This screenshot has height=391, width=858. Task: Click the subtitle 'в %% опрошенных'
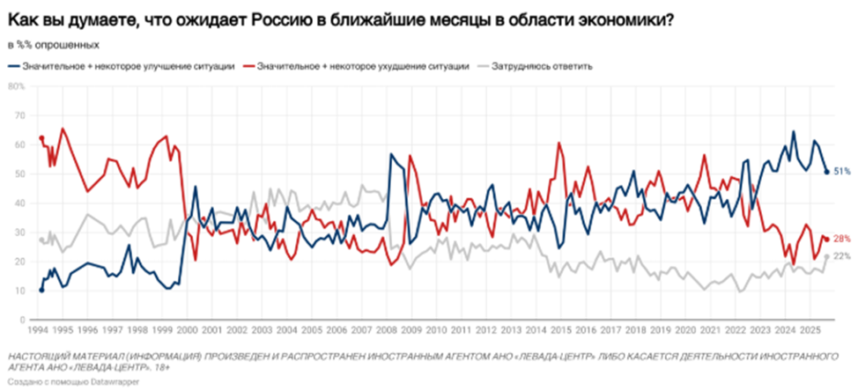click(x=53, y=45)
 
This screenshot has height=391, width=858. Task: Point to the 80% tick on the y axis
click(x=17, y=86)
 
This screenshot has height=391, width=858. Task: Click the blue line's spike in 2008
click(x=390, y=155)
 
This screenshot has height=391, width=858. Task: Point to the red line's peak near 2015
click(x=558, y=144)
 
